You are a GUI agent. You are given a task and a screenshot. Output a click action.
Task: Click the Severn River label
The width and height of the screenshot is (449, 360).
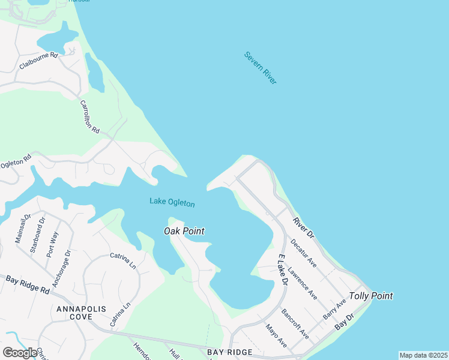261,68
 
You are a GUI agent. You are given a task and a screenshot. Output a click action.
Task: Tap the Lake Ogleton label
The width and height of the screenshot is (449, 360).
172,203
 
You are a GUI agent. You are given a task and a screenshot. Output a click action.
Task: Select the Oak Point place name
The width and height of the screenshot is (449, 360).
184,231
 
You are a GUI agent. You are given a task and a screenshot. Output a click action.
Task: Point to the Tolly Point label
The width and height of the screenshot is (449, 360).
371,296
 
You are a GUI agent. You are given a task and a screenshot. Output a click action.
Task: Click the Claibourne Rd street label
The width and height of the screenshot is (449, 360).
38,61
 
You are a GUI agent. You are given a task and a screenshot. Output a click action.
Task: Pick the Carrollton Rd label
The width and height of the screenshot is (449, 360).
89,116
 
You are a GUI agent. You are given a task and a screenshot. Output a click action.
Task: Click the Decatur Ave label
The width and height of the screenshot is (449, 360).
303,253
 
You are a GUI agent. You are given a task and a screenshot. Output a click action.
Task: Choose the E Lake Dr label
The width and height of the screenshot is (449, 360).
282,272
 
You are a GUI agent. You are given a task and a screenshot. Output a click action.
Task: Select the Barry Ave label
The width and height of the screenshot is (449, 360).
334,308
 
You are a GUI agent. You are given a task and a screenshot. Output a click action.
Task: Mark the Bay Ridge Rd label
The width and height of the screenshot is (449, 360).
28,284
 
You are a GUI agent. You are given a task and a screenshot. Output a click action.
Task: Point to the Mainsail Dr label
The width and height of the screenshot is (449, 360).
22,229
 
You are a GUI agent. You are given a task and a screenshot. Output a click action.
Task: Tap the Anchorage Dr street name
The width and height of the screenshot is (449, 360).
61,268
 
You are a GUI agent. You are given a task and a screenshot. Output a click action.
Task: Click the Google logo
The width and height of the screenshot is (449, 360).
20,353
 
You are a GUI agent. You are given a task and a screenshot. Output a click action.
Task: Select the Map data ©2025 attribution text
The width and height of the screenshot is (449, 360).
423,355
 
